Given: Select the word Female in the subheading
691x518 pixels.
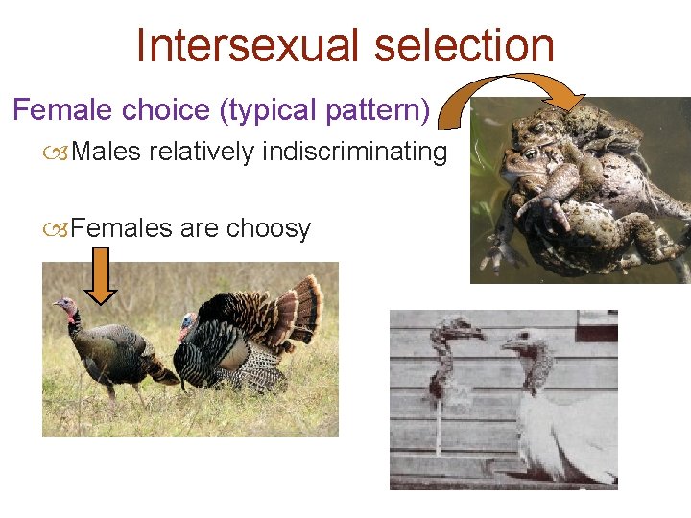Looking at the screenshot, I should coord(61,110).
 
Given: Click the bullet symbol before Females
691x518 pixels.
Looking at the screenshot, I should coord(60,229).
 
